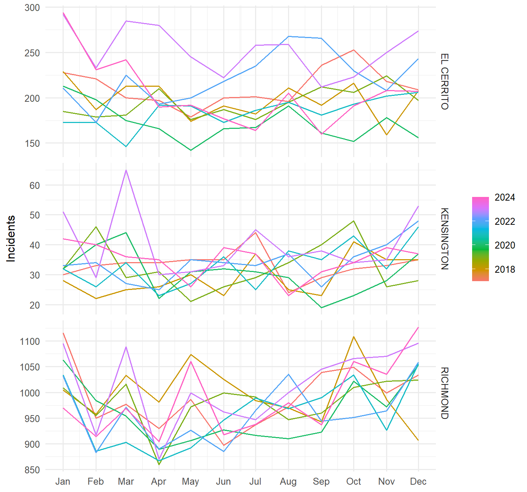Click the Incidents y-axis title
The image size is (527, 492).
(x=11, y=239)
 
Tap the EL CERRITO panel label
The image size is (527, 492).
(x=445, y=82)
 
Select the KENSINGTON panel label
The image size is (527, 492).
(x=445, y=239)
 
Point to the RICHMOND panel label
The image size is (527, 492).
(x=445, y=393)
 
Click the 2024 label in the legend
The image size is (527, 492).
(x=505, y=197)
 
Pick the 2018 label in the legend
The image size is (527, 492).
(x=505, y=269)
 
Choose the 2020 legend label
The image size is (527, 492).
(x=505, y=245)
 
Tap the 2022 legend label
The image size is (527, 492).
(x=505, y=221)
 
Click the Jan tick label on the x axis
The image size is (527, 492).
(x=63, y=481)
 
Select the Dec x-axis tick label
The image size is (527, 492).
(x=418, y=481)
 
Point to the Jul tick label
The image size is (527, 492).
(x=255, y=481)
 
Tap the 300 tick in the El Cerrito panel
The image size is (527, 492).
(x=32, y=8)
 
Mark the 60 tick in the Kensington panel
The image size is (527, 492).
(x=35, y=185)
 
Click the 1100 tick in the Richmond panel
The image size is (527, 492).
(x=30, y=341)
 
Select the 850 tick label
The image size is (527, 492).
(x=32, y=470)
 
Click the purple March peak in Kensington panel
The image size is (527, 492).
(x=126, y=170)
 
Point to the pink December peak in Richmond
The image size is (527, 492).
(x=418, y=327)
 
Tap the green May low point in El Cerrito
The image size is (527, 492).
(x=191, y=150)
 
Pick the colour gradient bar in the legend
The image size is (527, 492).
(x=480, y=239)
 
